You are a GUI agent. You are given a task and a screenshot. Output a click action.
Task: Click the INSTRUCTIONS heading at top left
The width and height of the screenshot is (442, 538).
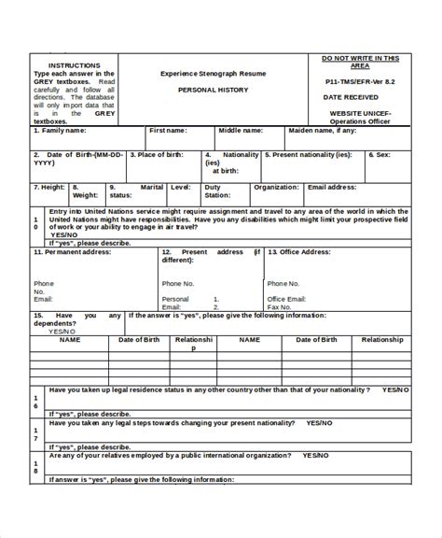click(x=74, y=64)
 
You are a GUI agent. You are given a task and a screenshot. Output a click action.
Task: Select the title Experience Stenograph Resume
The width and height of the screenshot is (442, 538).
click(x=214, y=72)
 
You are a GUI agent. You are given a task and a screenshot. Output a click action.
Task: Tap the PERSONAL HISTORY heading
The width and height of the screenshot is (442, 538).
click(x=214, y=91)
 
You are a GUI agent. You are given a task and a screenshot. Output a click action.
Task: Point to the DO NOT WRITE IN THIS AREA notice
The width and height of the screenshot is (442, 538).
click(x=366, y=62)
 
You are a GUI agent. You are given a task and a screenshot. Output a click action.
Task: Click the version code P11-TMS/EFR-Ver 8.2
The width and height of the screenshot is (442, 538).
click(x=366, y=82)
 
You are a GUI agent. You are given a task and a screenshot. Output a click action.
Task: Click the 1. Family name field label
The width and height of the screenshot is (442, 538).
click(x=64, y=131)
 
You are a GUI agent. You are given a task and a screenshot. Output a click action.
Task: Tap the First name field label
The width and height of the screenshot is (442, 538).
click(x=169, y=131)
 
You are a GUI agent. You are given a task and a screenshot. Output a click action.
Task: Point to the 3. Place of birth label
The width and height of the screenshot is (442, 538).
click(x=163, y=154)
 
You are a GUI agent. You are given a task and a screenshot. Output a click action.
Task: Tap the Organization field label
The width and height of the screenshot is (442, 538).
click(x=276, y=187)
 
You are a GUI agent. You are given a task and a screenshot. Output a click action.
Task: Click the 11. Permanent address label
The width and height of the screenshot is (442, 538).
click(x=70, y=252)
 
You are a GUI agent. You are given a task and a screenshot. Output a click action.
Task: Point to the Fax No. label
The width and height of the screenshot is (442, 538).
click(x=280, y=306)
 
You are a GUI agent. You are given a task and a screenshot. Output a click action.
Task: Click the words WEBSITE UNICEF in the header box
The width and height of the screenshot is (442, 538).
click(x=366, y=113)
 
